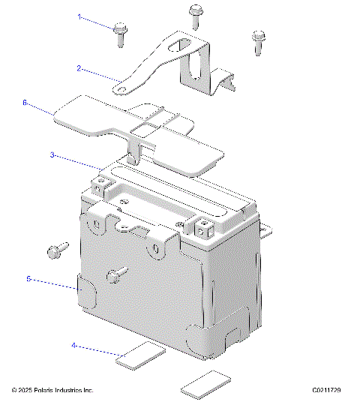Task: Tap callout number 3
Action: click(x=52, y=155)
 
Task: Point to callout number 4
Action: click(x=74, y=346)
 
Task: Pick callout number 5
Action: click(x=28, y=279)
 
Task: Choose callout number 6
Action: click(x=25, y=102)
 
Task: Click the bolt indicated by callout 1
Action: click(x=120, y=34)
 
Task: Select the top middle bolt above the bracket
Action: click(x=195, y=13)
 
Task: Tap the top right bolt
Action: click(x=258, y=40)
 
